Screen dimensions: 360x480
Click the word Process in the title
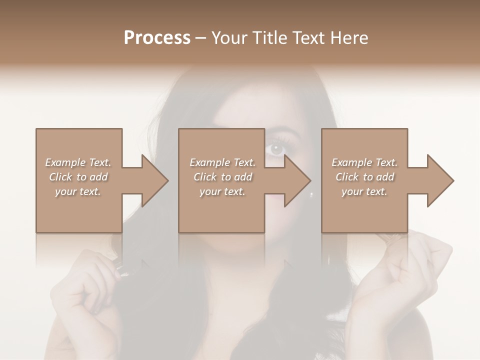point(157,38)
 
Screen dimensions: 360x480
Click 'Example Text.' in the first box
point(78,162)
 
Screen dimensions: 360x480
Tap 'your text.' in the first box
point(78,192)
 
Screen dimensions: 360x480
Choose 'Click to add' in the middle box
point(222,177)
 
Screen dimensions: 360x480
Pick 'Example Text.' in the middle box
point(222,162)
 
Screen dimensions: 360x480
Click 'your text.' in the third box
point(364,192)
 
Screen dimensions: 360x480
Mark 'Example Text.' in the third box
point(364,162)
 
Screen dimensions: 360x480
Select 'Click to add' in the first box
point(78,177)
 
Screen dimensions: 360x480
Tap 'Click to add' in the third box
point(364,177)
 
